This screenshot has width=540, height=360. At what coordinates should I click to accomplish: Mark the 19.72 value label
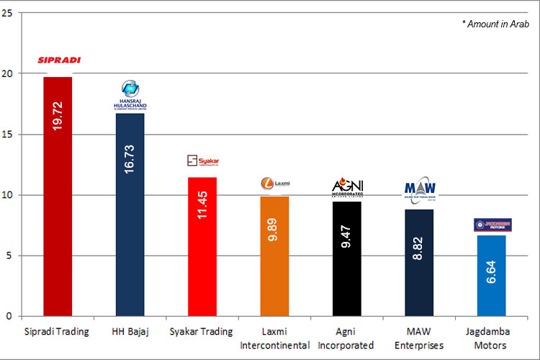[x=58, y=116]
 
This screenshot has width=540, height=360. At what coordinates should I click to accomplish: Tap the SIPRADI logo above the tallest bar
[x=59, y=60]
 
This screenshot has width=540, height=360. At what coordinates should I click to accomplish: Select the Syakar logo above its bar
[x=202, y=161]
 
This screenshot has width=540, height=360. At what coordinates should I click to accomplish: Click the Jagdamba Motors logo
[x=492, y=225]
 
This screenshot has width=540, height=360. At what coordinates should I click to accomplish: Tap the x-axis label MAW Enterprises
[x=418, y=338]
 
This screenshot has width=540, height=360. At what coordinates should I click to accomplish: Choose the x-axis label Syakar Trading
[x=202, y=332]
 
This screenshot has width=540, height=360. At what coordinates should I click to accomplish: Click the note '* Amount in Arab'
[x=495, y=24]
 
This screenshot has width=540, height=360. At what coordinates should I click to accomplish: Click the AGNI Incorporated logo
[x=347, y=188]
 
